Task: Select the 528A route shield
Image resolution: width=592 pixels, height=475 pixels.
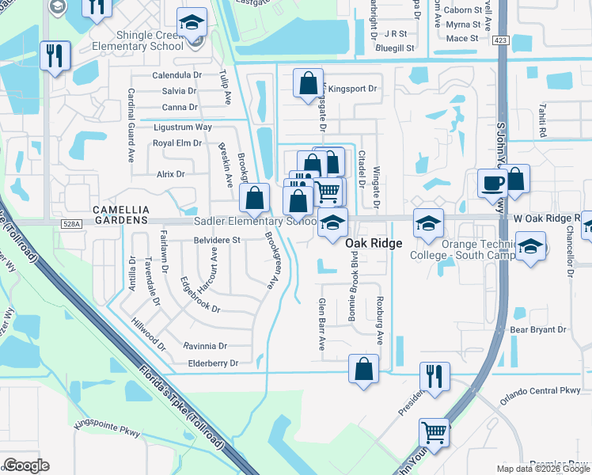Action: point(70,225)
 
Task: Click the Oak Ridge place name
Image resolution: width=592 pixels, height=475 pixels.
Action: point(374,244)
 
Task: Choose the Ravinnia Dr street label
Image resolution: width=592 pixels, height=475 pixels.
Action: point(205,346)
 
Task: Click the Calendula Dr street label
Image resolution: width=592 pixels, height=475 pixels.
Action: point(179,76)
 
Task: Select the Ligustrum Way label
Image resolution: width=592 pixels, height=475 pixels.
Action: point(182,127)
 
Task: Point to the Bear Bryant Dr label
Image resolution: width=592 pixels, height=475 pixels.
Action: point(539,329)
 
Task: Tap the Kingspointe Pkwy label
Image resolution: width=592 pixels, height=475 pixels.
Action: point(106,432)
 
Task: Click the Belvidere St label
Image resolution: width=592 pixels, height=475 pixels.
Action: point(217,240)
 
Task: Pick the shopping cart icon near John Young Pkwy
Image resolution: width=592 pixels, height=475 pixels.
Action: point(434,432)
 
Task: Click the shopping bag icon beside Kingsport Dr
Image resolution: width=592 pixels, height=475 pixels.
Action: point(308,83)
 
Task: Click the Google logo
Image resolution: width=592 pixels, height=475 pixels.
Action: point(26,466)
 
